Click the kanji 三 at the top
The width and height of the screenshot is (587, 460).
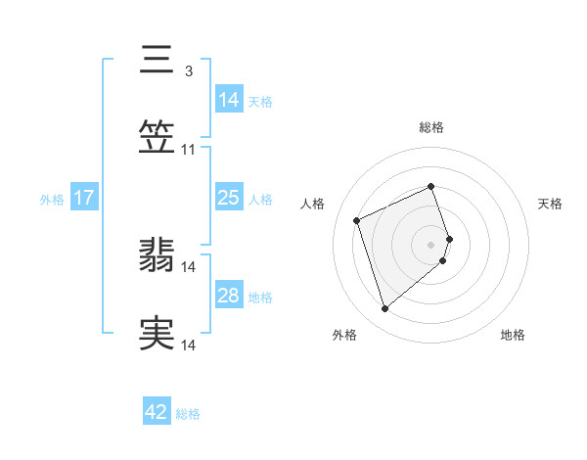pyautogui.click(x=158, y=60)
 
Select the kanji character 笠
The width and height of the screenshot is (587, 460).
pyautogui.click(x=158, y=138)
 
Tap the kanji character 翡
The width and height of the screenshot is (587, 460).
pyautogui.click(x=158, y=255)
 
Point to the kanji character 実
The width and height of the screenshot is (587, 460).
pyautogui.click(x=158, y=334)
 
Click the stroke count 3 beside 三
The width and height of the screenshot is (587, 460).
pyautogui.click(x=188, y=70)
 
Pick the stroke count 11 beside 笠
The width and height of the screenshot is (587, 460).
pyautogui.click(x=189, y=150)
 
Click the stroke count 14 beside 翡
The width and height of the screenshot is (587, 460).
pyautogui.click(x=189, y=266)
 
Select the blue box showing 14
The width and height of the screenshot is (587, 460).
pyautogui.click(x=228, y=100)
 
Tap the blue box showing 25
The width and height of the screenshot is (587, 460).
pyautogui.click(x=228, y=199)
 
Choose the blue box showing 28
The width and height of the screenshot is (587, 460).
pyautogui.click(x=228, y=296)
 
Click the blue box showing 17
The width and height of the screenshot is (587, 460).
pyautogui.click(x=84, y=199)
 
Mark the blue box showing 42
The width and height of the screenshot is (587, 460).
pyautogui.click(x=157, y=412)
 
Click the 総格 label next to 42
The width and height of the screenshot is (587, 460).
pyautogui.click(x=188, y=414)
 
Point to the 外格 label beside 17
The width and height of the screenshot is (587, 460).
pyautogui.click(x=52, y=200)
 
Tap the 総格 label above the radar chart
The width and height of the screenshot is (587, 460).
pyautogui.click(x=431, y=127)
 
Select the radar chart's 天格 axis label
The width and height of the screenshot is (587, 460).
pyautogui.click(x=550, y=204)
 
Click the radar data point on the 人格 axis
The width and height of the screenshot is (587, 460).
pyautogui.click(x=357, y=218)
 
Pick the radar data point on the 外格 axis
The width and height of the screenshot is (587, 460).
pyautogui.click(x=384, y=308)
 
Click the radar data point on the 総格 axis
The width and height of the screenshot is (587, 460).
pyautogui.click(x=430, y=186)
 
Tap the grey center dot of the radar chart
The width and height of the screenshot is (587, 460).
pyautogui.click(x=430, y=243)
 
